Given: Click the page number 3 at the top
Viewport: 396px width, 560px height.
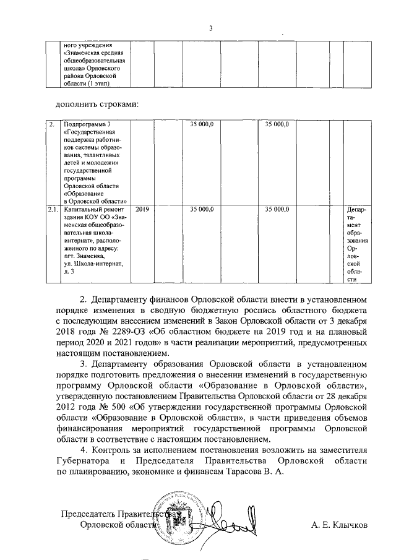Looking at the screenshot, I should [210, 28].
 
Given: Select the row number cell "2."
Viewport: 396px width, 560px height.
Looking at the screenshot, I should [52, 125].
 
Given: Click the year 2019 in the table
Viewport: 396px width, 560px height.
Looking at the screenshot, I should [142, 210].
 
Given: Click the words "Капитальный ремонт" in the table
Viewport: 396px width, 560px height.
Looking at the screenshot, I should [94, 210].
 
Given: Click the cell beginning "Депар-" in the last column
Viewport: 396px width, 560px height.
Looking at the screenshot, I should [357, 210].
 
